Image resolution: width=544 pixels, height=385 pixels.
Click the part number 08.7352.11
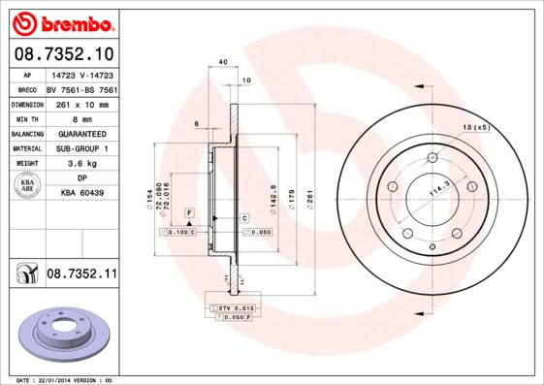coord(81,274)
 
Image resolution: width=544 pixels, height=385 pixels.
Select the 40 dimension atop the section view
coord(223,62)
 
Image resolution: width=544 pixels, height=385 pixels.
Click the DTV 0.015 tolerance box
coord(231,307)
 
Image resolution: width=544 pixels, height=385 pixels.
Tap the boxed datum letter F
coord(189,211)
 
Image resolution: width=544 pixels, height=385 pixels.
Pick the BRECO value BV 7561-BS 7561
coord(81,87)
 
